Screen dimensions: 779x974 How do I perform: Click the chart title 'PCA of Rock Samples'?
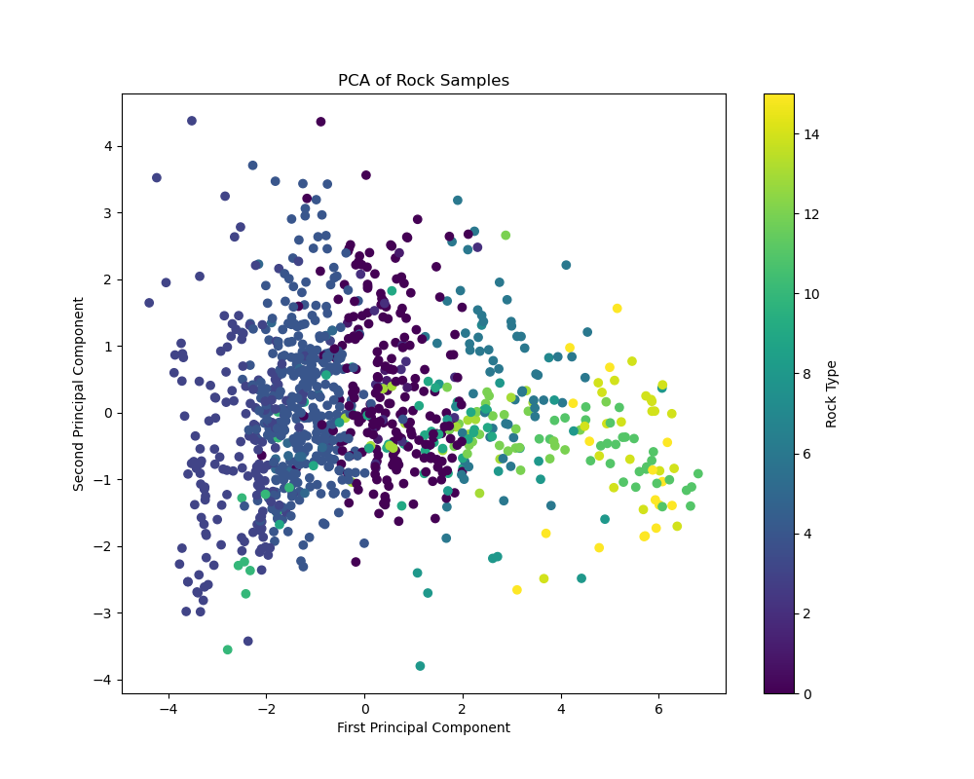423,81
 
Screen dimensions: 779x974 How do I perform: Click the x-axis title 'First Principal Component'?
423,728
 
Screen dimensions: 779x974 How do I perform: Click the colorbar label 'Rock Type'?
831,393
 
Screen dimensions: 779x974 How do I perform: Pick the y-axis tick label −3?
105,612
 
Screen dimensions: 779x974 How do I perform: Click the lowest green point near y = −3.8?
420,666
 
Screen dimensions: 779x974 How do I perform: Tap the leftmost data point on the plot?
149,303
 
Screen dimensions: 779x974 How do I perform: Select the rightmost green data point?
697,474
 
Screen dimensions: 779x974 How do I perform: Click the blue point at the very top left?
192,121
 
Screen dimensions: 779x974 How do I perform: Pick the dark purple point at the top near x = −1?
320,122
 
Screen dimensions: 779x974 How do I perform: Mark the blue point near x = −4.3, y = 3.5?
156,178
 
